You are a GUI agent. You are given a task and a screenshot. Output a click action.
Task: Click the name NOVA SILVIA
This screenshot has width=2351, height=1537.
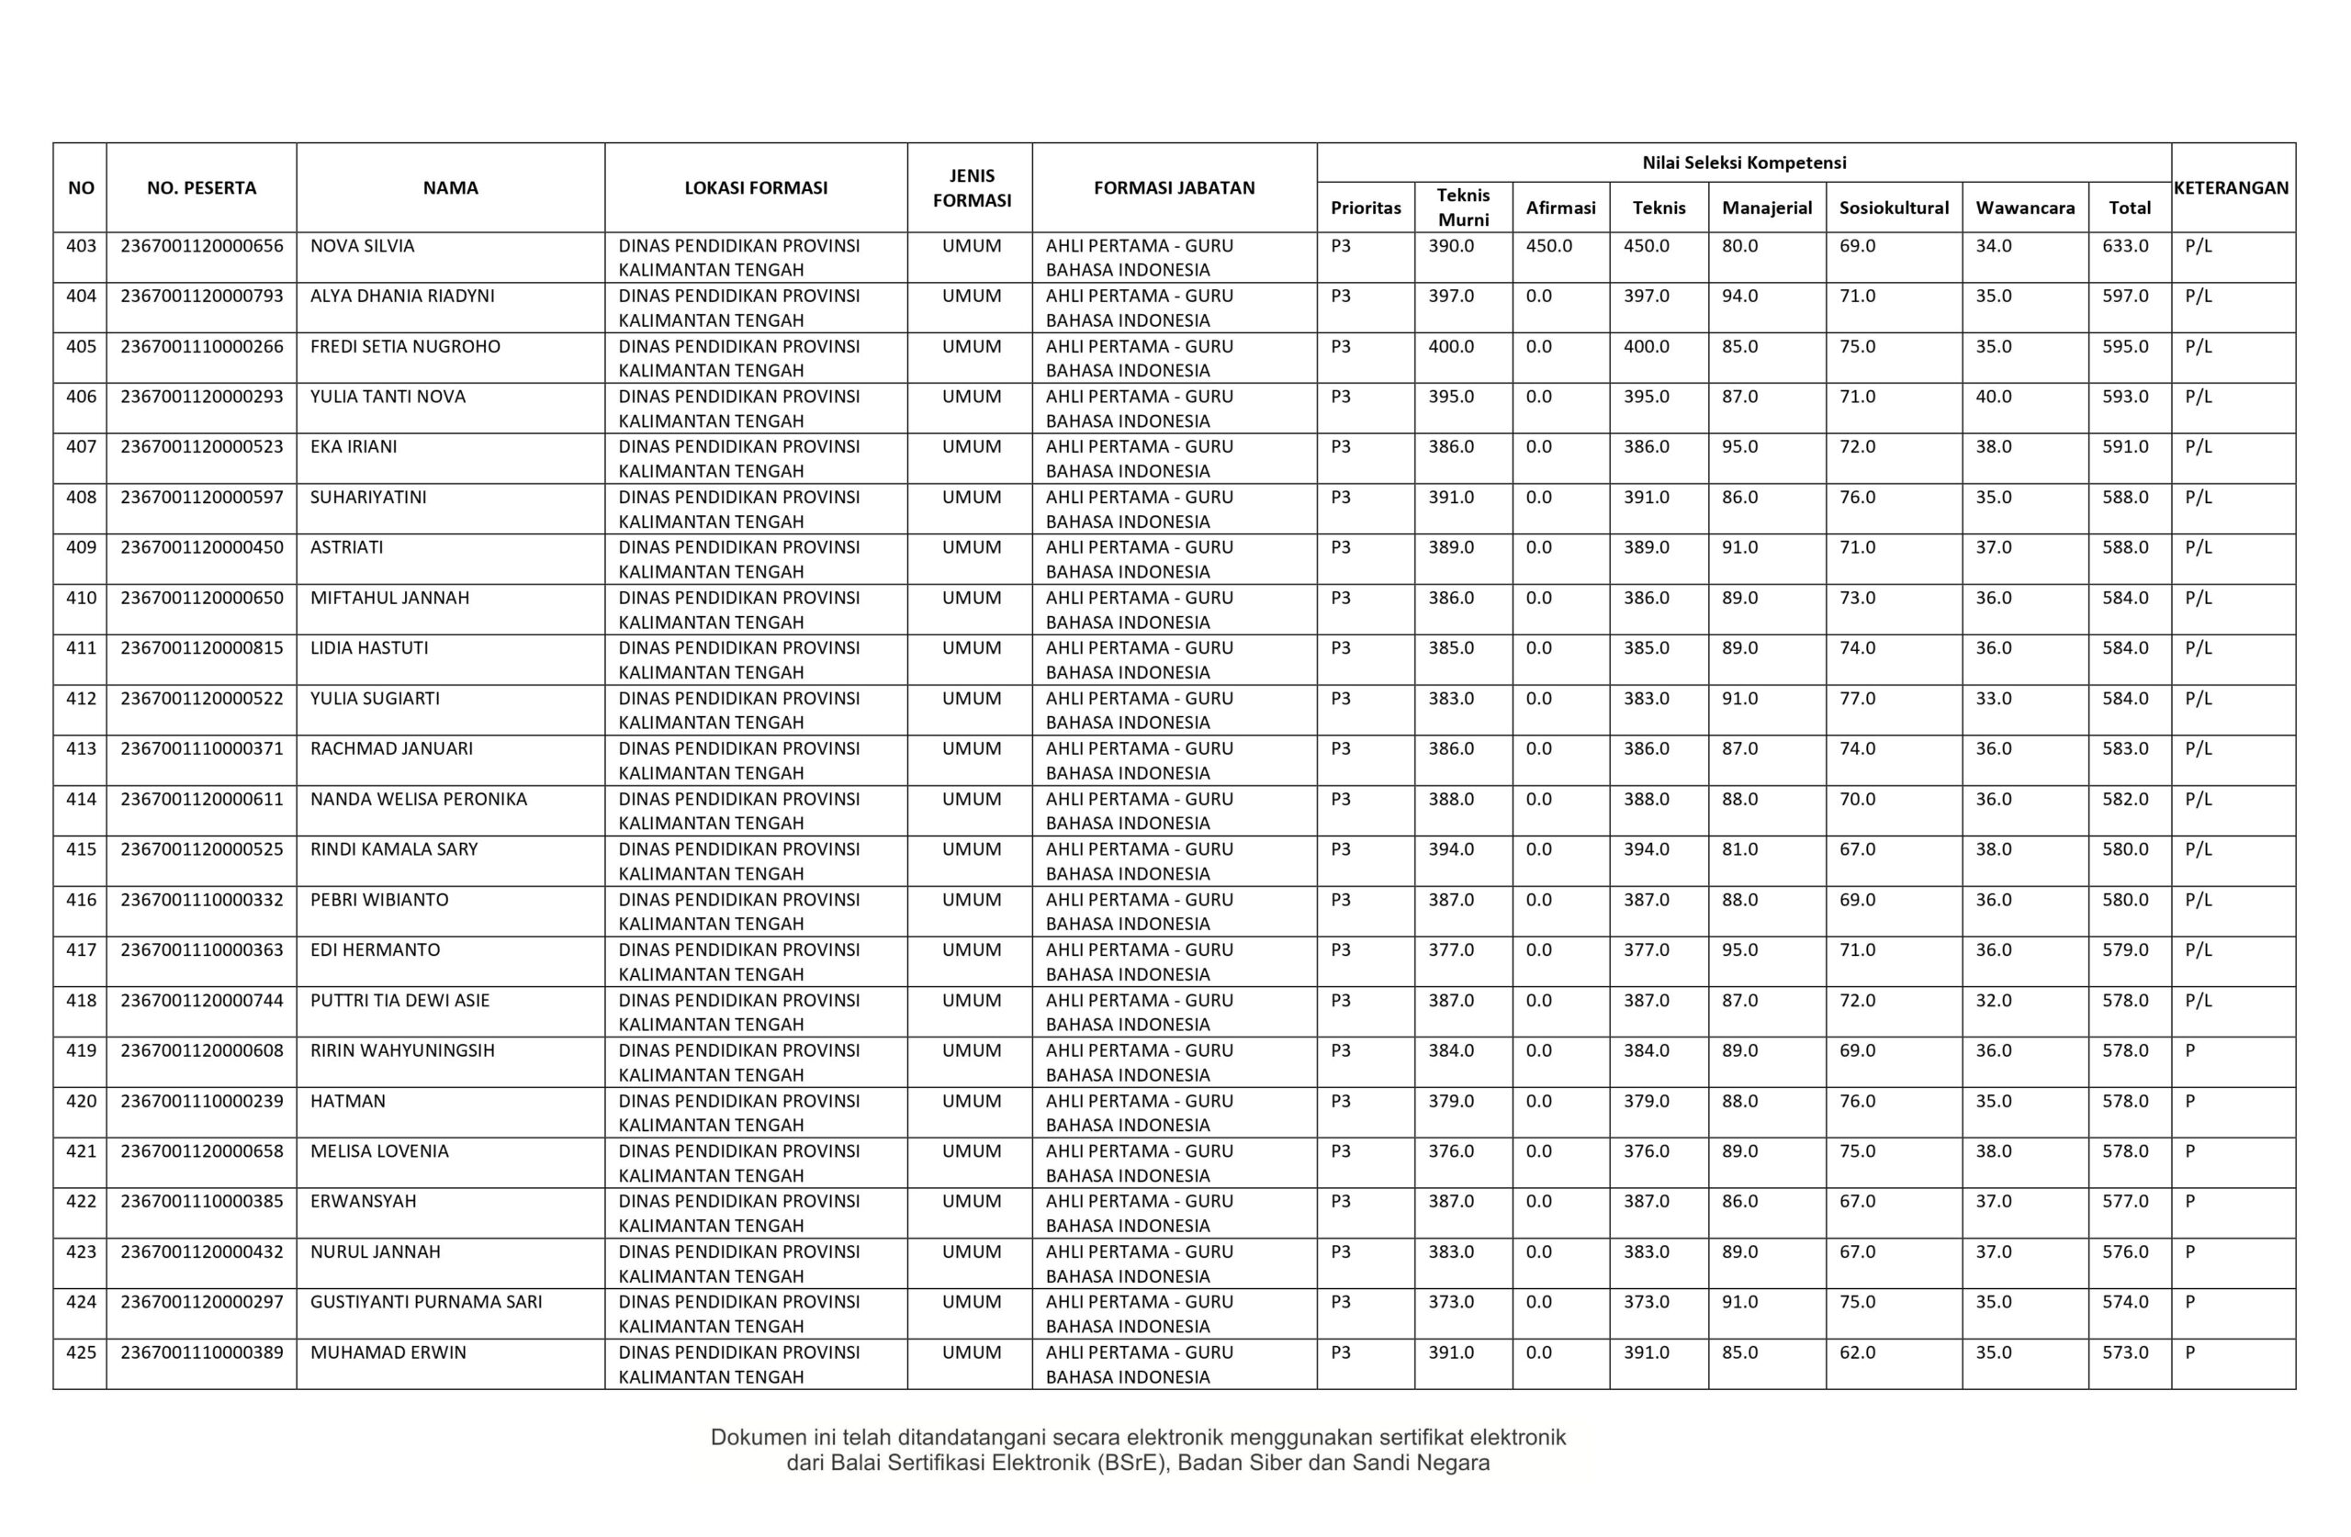pyautogui.click(x=363, y=246)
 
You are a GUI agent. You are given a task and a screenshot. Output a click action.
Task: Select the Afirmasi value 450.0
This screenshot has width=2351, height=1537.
pyautogui.click(x=1548, y=246)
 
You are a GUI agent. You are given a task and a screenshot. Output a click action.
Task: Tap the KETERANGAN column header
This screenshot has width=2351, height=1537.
pyautogui.click(x=2232, y=187)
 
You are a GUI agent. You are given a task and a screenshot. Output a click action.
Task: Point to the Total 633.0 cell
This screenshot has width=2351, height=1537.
pyautogui.click(x=2125, y=246)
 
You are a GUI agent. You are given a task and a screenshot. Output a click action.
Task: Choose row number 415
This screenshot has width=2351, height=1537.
pyautogui.click(x=81, y=849)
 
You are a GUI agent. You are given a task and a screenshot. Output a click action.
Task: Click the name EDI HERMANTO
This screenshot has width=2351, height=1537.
pyautogui.click(x=376, y=950)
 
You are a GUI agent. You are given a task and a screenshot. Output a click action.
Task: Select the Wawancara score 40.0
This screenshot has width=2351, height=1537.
pyautogui.click(x=1994, y=397)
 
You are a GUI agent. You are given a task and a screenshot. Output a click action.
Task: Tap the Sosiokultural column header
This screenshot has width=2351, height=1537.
pyautogui.click(x=1894, y=208)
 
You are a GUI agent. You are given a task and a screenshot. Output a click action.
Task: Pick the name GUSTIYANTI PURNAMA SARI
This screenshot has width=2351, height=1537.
pyautogui.click(x=426, y=1302)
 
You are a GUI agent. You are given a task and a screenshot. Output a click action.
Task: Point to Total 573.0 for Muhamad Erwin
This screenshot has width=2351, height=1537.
pyautogui.click(x=2125, y=1352)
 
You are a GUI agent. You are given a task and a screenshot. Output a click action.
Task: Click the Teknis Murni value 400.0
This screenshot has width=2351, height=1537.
pyautogui.click(x=1450, y=347)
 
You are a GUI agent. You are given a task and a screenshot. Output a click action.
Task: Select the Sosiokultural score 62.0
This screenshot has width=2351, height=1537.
pyautogui.click(x=1857, y=1352)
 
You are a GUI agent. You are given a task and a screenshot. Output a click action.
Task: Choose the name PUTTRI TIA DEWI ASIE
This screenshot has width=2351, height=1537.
pyautogui.click(x=400, y=1001)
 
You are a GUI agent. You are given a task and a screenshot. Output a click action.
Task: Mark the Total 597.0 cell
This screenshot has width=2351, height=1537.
pyautogui.click(x=2125, y=297)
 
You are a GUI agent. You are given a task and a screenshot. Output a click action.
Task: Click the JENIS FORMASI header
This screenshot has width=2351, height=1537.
pyautogui.click(x=972, y=187)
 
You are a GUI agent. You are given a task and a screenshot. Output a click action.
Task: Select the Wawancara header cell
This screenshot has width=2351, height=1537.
pyautogui.click(x=2025, y=208)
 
